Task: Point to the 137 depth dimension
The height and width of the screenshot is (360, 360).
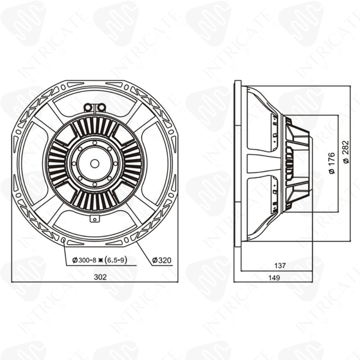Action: tap(280, 266)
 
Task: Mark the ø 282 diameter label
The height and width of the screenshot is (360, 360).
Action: tap(346, 156)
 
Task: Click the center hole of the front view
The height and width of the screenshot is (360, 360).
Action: tap(95, 163)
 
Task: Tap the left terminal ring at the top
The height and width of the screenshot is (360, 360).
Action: tap(87, 107)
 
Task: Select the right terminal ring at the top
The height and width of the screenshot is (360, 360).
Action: tap(102, 107)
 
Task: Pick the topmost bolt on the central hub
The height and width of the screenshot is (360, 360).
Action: tap(95, 143)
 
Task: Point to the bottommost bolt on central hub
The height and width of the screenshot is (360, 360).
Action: tap(95, 184)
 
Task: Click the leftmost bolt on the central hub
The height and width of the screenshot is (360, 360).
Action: tap(74, 163)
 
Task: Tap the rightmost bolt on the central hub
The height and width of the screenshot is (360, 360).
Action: tap(116, 163)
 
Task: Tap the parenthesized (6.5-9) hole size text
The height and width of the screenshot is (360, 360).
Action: tap(117, 260)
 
